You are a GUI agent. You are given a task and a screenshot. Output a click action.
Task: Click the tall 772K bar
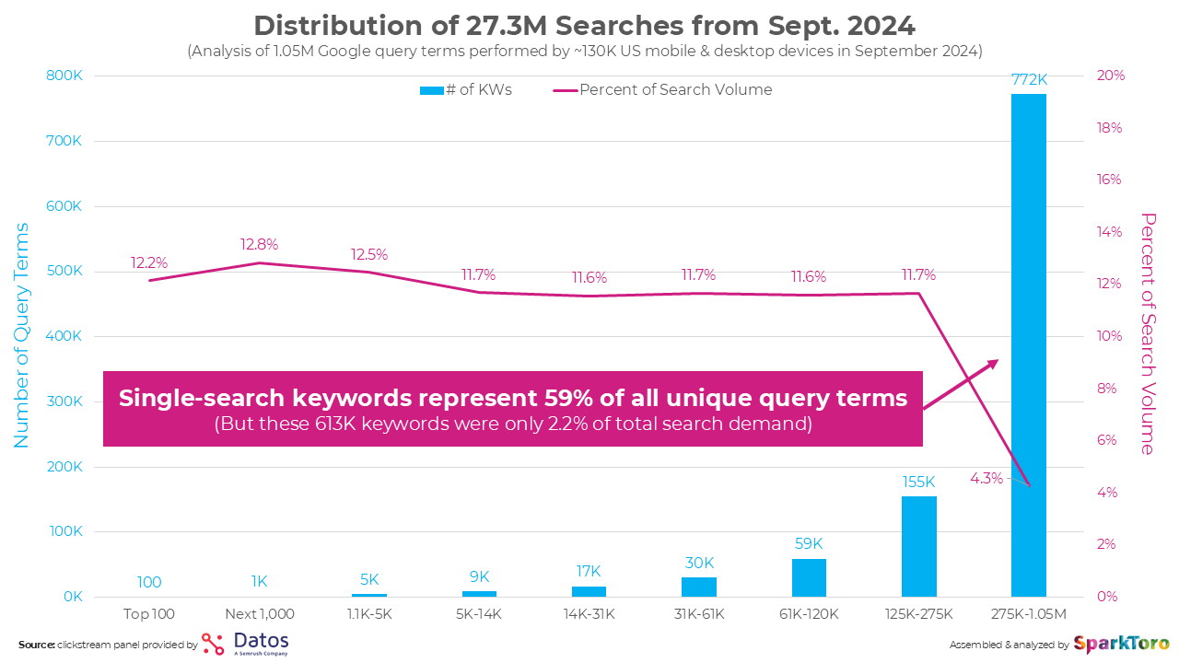[1028, 345]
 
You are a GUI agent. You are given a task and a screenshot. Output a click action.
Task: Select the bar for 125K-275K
[918, 546]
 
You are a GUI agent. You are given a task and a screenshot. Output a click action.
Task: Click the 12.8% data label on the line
[259, 245]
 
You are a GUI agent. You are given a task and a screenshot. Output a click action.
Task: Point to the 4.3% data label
[986, 479]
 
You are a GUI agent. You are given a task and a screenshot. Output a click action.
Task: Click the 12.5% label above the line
[368, 254]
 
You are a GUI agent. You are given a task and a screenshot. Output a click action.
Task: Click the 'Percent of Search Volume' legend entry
[663, 89]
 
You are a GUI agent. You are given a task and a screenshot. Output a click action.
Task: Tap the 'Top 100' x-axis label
[149, 613]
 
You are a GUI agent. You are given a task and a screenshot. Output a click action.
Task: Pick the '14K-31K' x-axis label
[589, 613]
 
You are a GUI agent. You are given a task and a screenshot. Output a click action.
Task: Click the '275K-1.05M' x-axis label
[1028, 613]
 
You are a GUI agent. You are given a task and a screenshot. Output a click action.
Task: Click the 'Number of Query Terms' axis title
[21, 336]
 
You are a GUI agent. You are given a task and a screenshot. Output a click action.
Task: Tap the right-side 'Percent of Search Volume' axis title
[1147, 334]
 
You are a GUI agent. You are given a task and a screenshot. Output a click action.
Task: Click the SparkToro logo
[1121, 643]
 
